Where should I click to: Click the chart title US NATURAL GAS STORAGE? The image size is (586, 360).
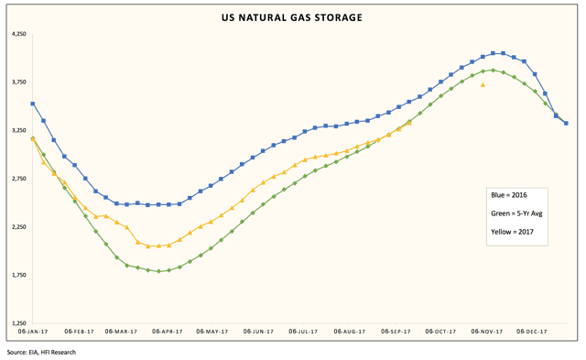coord(292,17)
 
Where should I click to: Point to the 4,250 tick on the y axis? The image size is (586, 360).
coord(19,35)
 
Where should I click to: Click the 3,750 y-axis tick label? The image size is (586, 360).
coord(19,82)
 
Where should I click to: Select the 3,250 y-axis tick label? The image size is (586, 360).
coord(19,131)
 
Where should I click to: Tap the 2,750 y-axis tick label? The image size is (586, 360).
coord(19,179)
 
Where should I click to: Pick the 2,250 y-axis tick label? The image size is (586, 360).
coord(19,227)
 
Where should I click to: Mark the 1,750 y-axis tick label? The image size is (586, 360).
coord(19,275)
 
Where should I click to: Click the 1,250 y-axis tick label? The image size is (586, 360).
coord(19,323)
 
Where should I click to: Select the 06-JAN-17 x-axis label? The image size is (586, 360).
coord(33,332)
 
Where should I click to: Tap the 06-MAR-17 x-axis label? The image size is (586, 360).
coord(121,332)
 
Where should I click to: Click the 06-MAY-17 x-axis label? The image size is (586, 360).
coord(212,332)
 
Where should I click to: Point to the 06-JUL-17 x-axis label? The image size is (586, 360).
coord(303,332)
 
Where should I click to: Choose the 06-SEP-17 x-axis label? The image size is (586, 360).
coord(395,332)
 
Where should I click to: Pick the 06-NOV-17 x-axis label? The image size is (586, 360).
coord(485,332)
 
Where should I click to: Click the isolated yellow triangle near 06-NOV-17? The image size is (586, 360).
coord(483,84)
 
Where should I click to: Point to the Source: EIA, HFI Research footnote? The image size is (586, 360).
coord(41,352)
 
